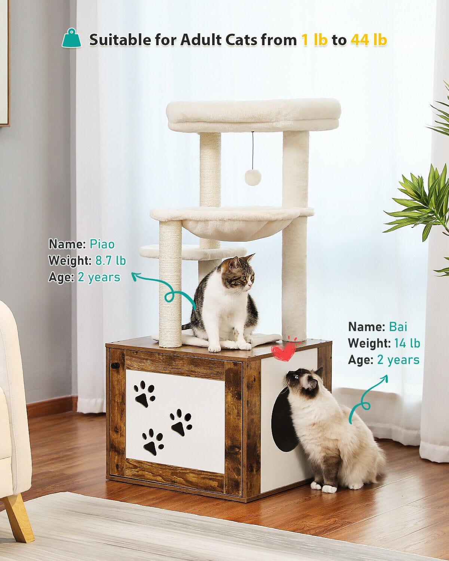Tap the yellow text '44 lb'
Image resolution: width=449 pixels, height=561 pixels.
pos(369,40)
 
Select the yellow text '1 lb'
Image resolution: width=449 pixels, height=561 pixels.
pos(314,40)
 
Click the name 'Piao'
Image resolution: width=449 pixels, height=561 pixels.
pos(102,244)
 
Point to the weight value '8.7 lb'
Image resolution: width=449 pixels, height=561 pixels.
pos(110,260)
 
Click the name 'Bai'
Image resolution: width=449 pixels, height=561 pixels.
pos(398,327)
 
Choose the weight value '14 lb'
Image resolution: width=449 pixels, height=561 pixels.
pos(407,343)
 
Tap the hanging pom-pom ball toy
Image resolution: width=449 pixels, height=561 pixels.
pos(253,177)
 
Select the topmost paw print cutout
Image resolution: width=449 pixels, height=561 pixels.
pos(144,394)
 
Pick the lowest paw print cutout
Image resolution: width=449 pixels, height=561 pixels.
pos(153,442)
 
